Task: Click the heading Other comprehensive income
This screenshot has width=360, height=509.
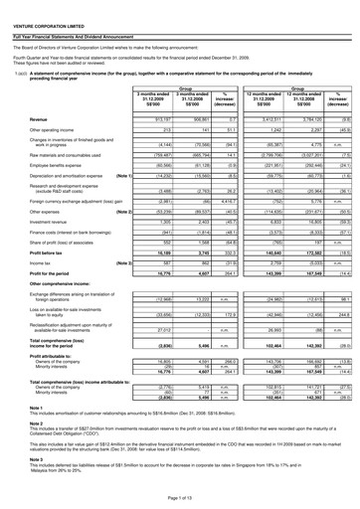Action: (x=67, y=299)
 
